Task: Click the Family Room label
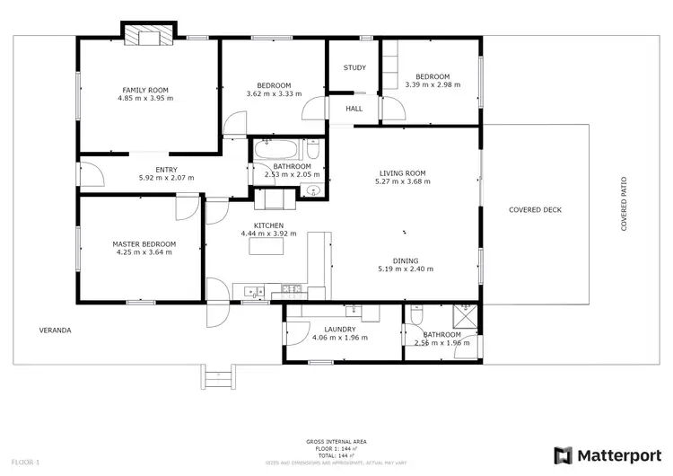tap(147, 89)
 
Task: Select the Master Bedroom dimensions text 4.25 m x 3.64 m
tap(144, 252)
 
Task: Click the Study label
tap(354, 67)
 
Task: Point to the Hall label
tap(354, 109)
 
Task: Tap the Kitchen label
tap(268, 225)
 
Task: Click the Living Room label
tap(402, 172)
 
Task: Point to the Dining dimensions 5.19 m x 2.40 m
tap(406, 269)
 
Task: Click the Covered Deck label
tap(535, 209)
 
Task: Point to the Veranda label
tap(55, 330)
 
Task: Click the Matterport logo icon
tap(564, 455)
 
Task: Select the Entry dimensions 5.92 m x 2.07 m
tap(166, 178)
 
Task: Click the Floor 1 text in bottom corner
tap(25, 462)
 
